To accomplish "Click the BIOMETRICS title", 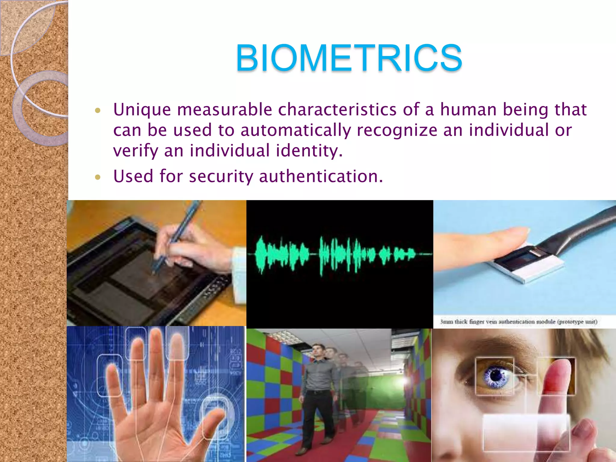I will [349, 58].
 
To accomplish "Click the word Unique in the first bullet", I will [142, 109].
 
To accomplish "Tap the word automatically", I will [296, 131].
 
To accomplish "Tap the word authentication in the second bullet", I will [321, 176].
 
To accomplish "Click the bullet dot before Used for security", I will [97, 177].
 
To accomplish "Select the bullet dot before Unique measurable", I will [97, 110].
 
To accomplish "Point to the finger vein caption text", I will [519, 322].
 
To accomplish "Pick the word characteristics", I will [337, 109].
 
